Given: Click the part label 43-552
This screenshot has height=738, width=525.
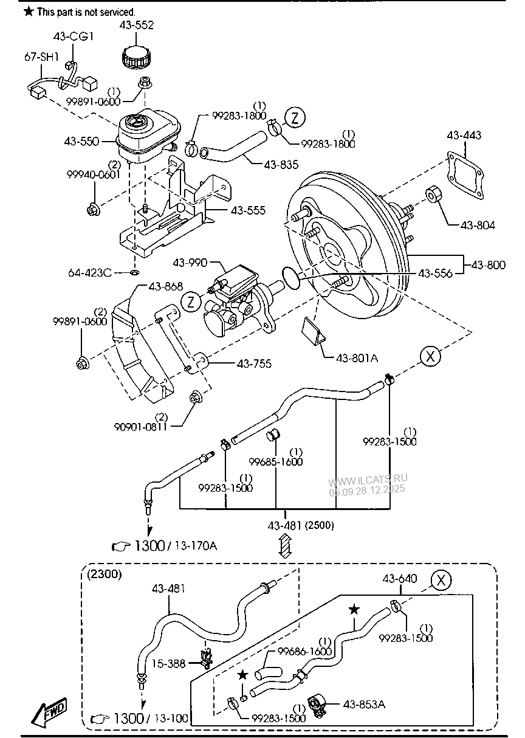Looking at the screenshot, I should [138, 25].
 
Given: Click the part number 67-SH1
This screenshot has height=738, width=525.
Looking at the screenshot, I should [41, 57].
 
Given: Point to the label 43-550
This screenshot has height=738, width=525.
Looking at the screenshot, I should [81, 140].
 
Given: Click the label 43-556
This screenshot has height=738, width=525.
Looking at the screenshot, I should [435, 274].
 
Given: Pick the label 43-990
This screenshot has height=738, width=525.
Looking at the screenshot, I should [190, 263].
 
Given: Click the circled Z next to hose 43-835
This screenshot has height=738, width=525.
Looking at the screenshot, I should [294, 117].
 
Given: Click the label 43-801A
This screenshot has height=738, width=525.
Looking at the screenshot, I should [357, 358].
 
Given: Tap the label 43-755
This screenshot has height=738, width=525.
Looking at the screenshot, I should [253, 364].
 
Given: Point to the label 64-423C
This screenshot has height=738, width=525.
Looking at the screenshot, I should [91, 272].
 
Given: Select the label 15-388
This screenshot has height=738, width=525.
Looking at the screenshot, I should [168, 664].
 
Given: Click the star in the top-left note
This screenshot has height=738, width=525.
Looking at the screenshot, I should [27, 12].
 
